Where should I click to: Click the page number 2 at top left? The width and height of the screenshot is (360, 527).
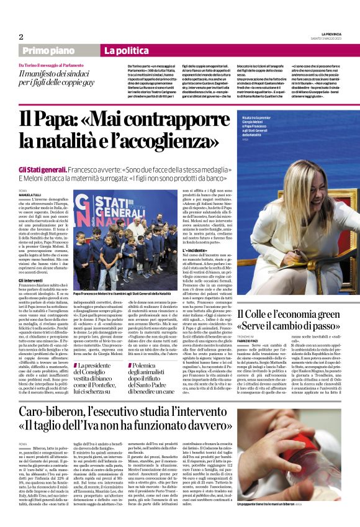(21, 37)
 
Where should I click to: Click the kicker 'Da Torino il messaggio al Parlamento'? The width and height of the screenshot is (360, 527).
(58, 65)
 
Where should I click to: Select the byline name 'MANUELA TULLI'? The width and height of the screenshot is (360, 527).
(32, 195)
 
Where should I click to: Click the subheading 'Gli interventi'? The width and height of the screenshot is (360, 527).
(31, 280)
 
